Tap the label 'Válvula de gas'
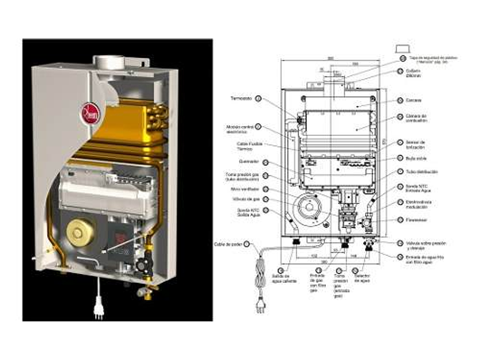tap(240, 199)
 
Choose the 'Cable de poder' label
tap(228, 243)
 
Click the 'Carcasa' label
tap(414, 100)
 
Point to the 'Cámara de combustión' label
tap(416, 118)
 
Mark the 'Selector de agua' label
tap(361, 279)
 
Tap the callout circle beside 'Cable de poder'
tap(247, 243)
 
